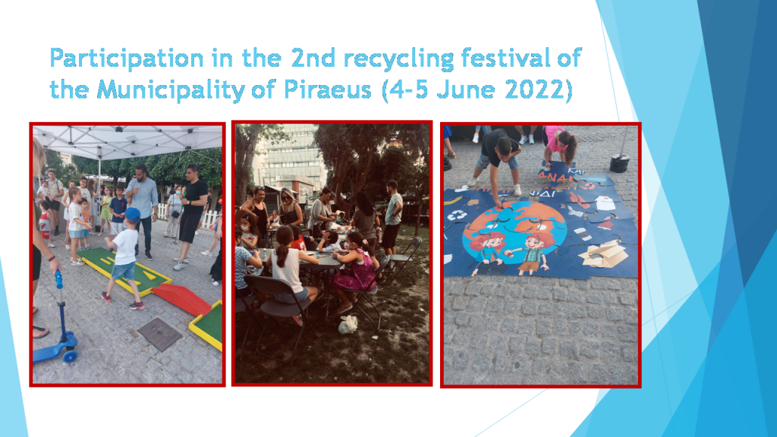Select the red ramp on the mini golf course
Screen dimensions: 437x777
tap(180, 299)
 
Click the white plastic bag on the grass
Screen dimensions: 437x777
tap(348, 324)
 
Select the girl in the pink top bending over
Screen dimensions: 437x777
tap(559, 148)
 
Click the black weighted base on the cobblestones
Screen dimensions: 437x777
tap(620, 162)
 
